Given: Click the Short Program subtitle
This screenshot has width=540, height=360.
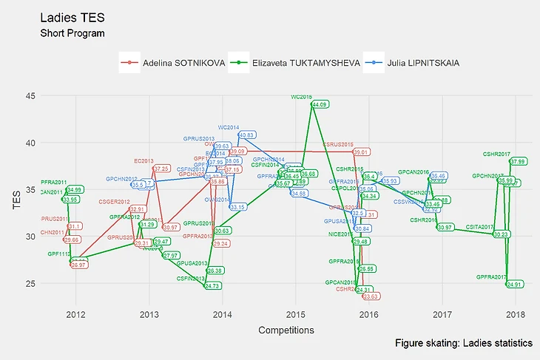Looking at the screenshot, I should point(72,34).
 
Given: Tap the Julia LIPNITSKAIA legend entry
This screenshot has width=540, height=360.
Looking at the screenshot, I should point(415,64).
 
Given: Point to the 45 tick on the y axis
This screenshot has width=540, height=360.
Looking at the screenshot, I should point(30,95).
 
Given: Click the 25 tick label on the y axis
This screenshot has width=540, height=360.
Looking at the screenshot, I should point(30,284).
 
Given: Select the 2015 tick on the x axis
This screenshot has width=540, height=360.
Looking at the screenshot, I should point(296,315).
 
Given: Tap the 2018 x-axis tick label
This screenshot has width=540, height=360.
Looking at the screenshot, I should point(516,315).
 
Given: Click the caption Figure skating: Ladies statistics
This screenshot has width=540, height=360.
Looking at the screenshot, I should point(464,344).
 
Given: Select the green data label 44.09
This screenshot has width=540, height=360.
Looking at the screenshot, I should point(320,105).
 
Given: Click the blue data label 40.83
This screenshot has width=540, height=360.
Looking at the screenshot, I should point(248,135).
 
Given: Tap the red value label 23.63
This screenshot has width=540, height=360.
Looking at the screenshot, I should point(371,296).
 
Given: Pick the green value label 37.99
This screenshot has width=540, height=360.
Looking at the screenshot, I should point(518,162).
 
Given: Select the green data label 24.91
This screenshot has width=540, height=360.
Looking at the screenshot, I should point(515,284).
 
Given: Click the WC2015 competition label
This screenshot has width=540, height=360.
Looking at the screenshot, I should point(302,97).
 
